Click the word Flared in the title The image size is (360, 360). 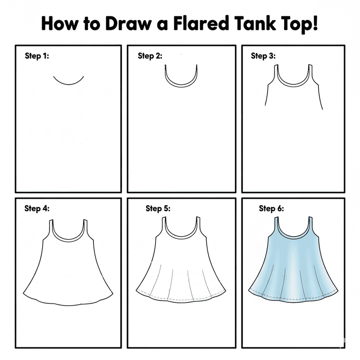click(201, 23)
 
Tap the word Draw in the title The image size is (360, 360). click(128, 23)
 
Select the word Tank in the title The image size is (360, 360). click(255, 23)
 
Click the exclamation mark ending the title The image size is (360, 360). click(315, 23)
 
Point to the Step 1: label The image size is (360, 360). click(37, 56)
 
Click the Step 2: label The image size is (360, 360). click(150, 56)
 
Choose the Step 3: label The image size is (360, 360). click(263, 56)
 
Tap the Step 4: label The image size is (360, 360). click(37, 209)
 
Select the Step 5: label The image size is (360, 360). click(158, 209)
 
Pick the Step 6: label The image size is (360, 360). click(271, 209)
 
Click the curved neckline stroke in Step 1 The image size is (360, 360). click(68, 85)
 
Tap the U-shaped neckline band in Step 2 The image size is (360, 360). click(181, 86)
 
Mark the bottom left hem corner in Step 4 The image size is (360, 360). click(23, 293)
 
